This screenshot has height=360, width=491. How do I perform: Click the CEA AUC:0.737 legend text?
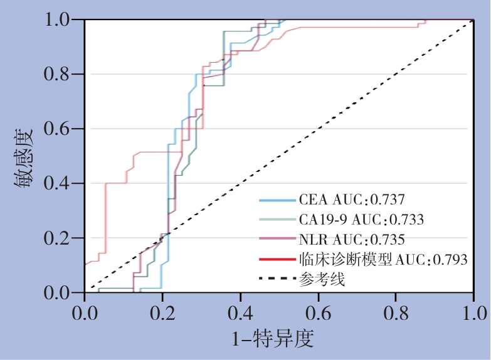click(x=352, y=200)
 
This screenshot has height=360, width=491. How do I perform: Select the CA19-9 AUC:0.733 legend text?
click(x=362, y=220)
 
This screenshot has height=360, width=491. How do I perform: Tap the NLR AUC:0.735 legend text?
click(x=352, y=239)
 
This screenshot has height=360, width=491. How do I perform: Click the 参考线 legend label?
click(x=322, y=278)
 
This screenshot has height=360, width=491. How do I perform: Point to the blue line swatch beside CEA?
click(x=277, y=201)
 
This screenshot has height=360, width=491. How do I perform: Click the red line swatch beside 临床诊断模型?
click(x=277, y=259)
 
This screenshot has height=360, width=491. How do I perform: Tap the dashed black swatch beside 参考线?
click(x=277, y=278)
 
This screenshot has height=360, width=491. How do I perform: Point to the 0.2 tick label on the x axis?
click(x=162, y=312)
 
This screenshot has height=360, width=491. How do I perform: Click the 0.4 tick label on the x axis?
click(x=240, y=312)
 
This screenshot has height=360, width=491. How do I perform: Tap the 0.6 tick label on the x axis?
click(x=319, y=312)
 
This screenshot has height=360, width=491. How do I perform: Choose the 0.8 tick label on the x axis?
click(x=396, y=312)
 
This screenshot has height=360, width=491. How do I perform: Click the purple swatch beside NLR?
click(x=277, y=240)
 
